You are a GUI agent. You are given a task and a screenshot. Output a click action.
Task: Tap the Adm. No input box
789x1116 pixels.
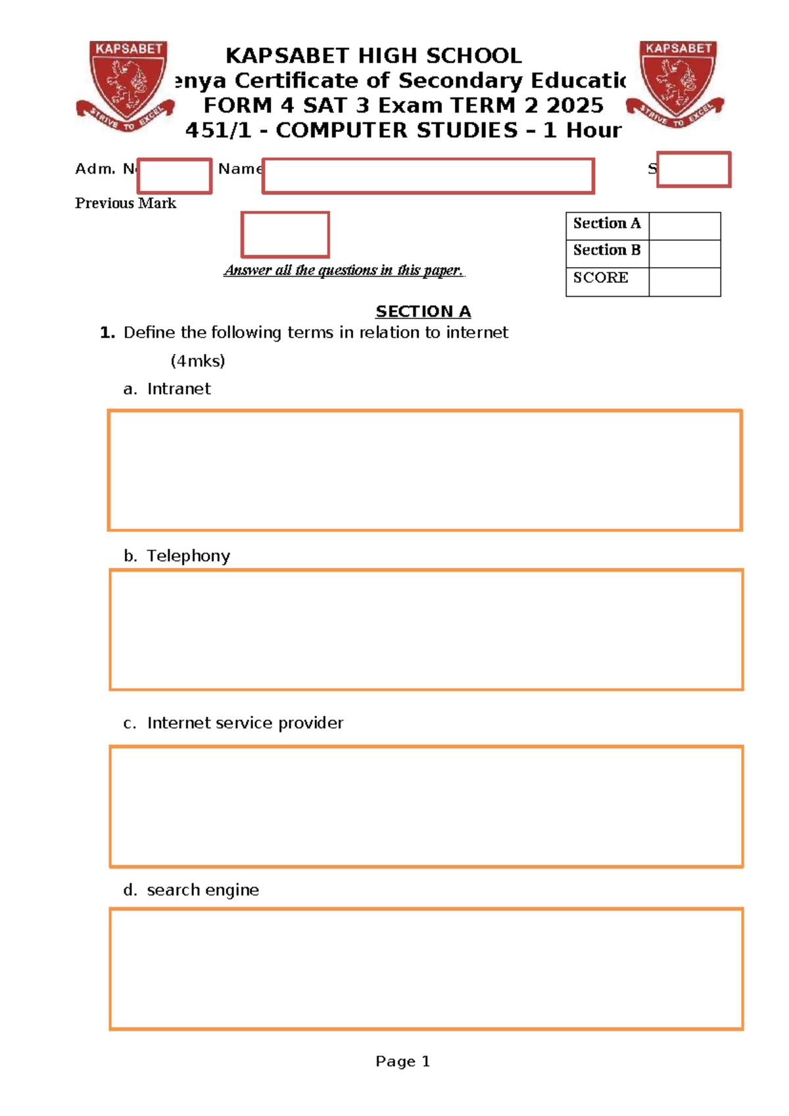174,176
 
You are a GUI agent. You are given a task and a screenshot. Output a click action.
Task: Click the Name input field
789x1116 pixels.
428,176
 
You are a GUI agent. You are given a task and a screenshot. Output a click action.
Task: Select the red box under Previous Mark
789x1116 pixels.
285,234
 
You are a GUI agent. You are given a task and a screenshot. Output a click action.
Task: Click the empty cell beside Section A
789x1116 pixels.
684,226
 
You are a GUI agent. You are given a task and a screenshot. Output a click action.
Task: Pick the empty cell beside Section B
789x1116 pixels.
684,253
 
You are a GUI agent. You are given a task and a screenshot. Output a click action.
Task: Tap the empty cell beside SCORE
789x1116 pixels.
684,282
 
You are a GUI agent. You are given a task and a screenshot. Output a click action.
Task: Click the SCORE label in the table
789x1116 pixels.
600,278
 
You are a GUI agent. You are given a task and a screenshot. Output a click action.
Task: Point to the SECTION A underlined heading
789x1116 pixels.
423,311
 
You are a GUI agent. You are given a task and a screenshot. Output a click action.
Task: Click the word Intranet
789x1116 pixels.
179,389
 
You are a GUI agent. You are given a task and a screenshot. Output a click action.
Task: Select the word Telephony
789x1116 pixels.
188,556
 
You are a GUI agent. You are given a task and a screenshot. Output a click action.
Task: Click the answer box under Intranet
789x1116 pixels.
425,470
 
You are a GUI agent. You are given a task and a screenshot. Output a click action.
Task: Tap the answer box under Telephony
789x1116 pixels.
426,630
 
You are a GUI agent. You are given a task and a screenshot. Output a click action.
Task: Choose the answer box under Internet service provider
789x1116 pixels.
426,806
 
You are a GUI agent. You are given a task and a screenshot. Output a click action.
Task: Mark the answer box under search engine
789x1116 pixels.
426,969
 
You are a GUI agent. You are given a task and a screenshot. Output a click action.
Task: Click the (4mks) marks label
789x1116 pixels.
197,361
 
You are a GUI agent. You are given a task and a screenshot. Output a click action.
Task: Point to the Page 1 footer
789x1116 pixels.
402,1061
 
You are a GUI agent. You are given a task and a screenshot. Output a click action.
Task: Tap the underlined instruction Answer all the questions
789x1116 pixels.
344,270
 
